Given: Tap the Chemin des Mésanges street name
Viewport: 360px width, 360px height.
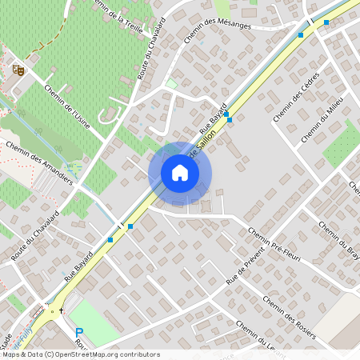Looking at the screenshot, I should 217,27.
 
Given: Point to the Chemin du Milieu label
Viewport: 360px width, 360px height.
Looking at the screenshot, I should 322,119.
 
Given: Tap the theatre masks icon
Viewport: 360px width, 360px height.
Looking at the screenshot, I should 18,70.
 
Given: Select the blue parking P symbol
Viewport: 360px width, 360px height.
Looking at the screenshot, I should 79,333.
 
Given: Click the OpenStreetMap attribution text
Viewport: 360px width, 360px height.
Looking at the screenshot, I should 80,354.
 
